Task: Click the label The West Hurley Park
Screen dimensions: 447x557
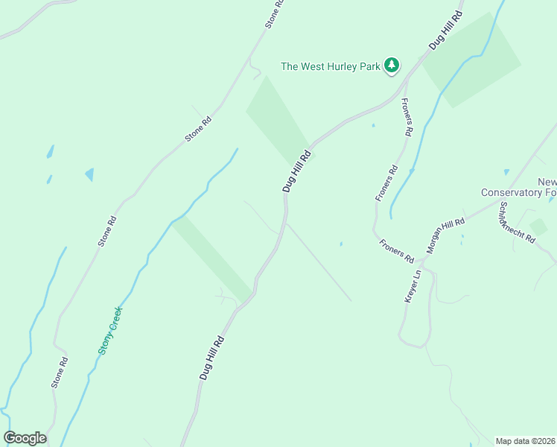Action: pos(331,66)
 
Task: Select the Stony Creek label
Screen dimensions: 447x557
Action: pos(110,331)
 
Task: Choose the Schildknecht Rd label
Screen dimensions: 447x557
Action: pos(518,223)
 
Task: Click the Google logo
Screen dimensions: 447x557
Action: pos(25,438)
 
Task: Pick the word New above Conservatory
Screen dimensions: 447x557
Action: pos(547,183)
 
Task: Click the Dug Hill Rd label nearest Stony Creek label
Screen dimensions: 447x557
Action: pos(211,357)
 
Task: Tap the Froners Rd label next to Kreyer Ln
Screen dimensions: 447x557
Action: pos(396,250)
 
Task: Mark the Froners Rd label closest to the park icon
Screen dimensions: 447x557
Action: pos(407,117)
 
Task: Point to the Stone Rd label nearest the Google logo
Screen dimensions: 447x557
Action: pos(60,372)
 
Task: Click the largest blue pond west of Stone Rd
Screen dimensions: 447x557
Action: pos(89,174)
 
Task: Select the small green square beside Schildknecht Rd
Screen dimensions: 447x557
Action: pos(538,226)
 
